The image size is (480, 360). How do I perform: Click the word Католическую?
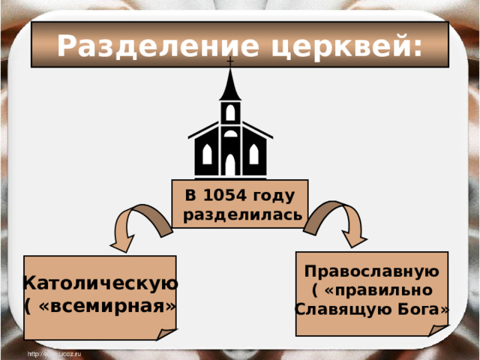point(100,283)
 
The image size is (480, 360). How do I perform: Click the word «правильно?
point(377,290)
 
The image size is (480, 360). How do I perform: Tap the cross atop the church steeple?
point(230,60)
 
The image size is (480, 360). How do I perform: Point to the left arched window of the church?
point(206,154)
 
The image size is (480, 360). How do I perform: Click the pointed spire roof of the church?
point(230,86)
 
